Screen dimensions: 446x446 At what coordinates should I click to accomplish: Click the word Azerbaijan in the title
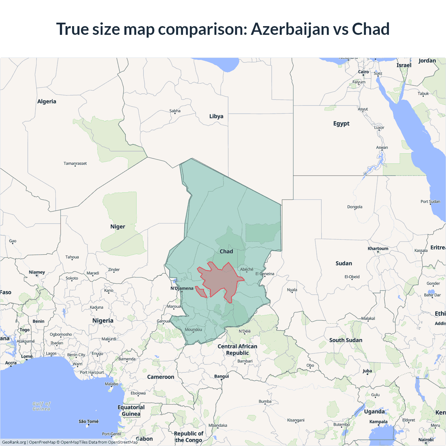[290, 29]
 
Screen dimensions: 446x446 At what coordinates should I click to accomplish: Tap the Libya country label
[216, 116]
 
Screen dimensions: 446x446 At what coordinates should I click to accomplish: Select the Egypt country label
[341, 123]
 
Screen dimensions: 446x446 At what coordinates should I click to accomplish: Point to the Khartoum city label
[378, 248]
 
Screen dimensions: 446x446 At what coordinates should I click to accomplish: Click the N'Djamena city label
[182, 288]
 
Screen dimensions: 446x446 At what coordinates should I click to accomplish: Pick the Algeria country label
[47, 101]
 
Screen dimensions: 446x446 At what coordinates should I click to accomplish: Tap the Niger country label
[118, 226]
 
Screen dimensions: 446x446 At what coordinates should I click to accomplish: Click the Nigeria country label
[103, 321]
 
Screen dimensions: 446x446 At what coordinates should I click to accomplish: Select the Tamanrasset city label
[75, 163]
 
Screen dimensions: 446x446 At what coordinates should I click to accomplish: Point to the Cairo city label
[363, 72]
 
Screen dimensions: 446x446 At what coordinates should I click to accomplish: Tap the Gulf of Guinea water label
[41, 406]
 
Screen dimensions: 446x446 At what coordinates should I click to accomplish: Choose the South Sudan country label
[346, 340]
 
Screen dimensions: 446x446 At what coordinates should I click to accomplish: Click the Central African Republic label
[237, 349]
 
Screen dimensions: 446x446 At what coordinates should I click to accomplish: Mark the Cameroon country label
[161, 377]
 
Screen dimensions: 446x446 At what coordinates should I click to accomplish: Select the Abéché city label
[247, 269]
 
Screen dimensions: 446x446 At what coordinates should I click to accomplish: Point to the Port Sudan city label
[430, 201]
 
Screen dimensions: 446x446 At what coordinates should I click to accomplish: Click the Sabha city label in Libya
[175, 111]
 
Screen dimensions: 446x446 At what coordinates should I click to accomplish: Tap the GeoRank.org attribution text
[14, 442]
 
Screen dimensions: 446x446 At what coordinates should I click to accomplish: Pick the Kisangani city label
[296, 420]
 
